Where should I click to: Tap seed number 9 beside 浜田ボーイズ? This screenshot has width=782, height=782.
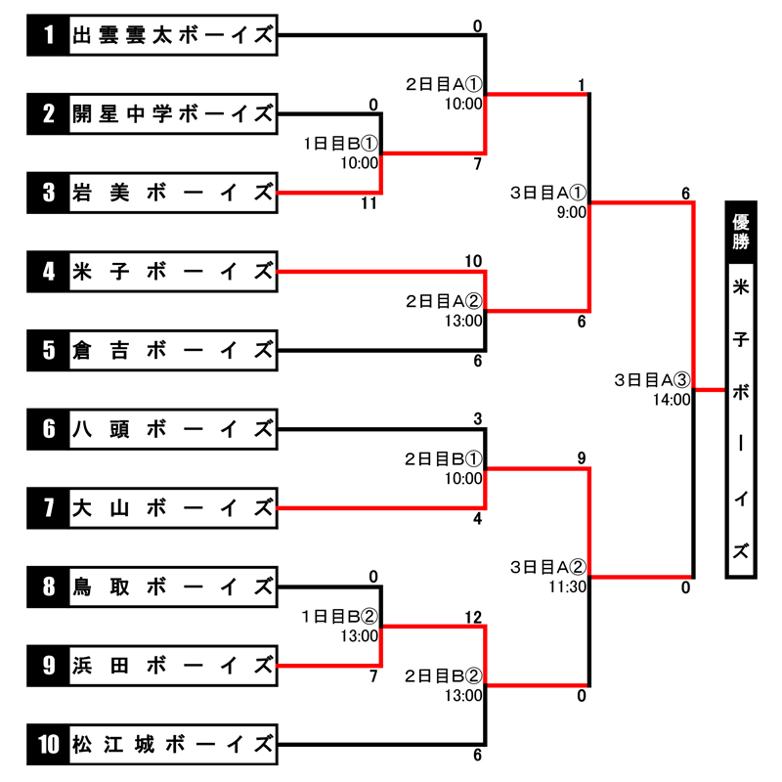tap(49, 665)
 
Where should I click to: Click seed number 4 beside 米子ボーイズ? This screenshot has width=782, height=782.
tap(49, 271)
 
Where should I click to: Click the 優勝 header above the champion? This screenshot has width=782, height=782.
tap(742, 231)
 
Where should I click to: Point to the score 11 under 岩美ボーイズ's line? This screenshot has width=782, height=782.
tap(368, 203)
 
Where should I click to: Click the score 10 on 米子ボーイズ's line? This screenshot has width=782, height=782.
tap(474, 261)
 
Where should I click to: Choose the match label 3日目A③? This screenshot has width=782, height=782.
tap(653, 379)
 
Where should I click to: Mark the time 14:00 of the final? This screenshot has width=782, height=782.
tap(673, 399)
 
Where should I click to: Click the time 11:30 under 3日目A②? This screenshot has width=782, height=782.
tap(568, 586)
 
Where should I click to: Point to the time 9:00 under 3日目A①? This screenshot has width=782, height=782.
tap(571, 211)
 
